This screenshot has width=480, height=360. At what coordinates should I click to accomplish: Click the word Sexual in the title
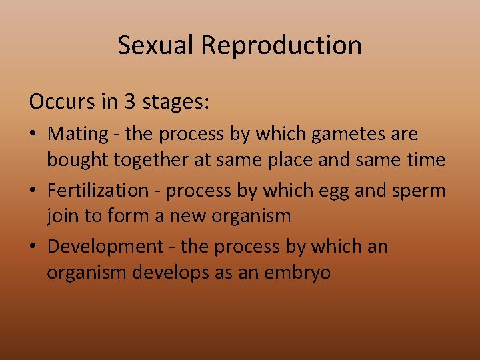157,45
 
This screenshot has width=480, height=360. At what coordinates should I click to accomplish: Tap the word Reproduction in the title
282,45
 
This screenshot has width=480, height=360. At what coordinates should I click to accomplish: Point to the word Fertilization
98,190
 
